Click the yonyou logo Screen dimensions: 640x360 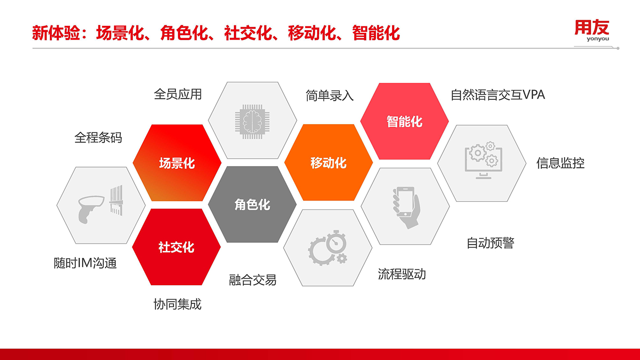tap(592, 31)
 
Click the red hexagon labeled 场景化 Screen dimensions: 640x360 tap(177, 163)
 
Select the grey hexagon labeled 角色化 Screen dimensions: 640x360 tap(252, 205)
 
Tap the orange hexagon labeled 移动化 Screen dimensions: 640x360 tap(328, 162)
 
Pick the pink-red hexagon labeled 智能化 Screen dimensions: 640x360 tap(404, 121)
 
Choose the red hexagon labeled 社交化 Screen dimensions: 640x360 tap(176, 247)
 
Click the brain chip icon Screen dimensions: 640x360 tap(252, 122)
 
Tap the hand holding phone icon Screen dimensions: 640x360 tap(406, 208)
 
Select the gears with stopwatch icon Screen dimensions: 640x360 tap(328, 248)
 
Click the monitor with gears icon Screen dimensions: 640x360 tap(483, 160)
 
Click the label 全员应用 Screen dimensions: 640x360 tap(178, 94)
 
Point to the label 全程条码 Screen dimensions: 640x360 tap(98, 138)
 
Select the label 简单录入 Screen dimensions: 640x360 tap(329, 96)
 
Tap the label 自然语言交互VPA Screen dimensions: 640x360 tap(498, 95)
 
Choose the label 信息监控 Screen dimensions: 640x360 tap(560, 163)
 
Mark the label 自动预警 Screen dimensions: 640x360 tap(490, 243)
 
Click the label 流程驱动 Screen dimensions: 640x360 tap(402, 274)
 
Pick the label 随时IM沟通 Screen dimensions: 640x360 tap(85, 263)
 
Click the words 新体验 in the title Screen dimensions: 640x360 tap(56, 33)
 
